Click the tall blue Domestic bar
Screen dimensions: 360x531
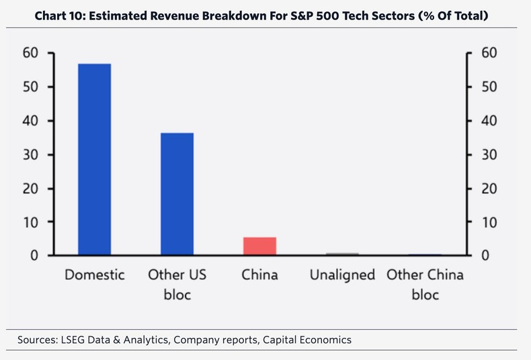point(94,160)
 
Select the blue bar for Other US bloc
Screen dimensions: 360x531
point(177,194)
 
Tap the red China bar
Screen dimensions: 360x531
point(259,246)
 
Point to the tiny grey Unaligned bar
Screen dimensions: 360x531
point(342,254)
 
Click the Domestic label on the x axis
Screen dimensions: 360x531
point(94,275)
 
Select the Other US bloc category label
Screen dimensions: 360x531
point(177,285)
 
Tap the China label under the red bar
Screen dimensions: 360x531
point(259,275)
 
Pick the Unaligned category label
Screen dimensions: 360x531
point(342,275)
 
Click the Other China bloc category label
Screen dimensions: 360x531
point(424,285)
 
